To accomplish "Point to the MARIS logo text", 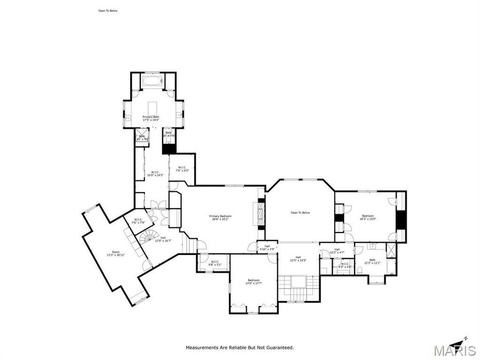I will point(454,350).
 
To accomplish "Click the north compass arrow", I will point(462,339).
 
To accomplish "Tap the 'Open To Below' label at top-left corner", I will point(107,10).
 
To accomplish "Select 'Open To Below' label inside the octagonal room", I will point(300,213).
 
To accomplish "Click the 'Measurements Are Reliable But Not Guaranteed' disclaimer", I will point(239,347).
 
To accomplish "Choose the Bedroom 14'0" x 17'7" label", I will point(253,282).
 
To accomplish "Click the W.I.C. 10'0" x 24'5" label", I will point(155,173).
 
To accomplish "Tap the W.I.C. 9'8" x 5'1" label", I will point(215,262).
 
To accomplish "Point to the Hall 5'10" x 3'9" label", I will point(267,247).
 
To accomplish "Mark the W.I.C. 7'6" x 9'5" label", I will point(182,169).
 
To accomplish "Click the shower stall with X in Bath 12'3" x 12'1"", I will point(391,250).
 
